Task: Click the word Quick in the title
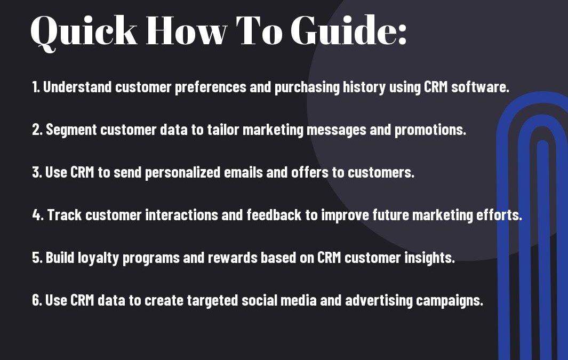coord(84,32)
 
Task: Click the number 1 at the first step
coord(35,87)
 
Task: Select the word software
coord(480,87)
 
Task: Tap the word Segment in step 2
coord(71,130)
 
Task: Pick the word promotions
coord(430,130)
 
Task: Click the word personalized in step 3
coord(182,173)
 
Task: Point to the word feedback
coord(274,215)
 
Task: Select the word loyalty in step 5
coord(99,258)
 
